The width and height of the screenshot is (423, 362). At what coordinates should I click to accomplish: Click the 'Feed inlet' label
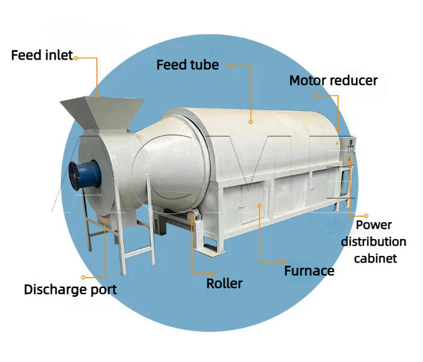[42, 55]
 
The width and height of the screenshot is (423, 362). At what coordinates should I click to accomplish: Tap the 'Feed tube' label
[188, 65]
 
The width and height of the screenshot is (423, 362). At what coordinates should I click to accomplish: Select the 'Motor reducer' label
[333, 81]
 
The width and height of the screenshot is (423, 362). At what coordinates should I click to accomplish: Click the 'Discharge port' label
[70, 290]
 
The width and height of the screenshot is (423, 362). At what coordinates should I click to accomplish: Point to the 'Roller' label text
[224, 284]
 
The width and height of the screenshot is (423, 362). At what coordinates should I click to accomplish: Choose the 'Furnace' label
[309, 271]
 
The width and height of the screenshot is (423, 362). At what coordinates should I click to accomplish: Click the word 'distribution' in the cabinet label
[374, 242]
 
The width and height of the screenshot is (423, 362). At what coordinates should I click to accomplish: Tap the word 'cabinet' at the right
[375, 258]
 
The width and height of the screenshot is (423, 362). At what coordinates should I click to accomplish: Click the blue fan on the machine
[85, 175]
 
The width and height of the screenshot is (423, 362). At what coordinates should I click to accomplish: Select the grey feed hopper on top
[102, 114]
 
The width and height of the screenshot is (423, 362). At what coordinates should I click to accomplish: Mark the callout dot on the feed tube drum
[251, 122]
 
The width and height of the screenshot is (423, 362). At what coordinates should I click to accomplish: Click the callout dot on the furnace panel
[259, 205]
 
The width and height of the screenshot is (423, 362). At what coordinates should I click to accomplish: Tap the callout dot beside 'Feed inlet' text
[76, 58]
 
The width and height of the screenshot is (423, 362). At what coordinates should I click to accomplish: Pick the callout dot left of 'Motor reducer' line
[316, 96]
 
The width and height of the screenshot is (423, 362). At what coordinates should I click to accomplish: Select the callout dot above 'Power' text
[366, 216]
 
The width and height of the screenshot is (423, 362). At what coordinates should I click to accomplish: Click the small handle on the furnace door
[240, 207]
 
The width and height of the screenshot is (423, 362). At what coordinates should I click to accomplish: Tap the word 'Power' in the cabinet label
[374, 225]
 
